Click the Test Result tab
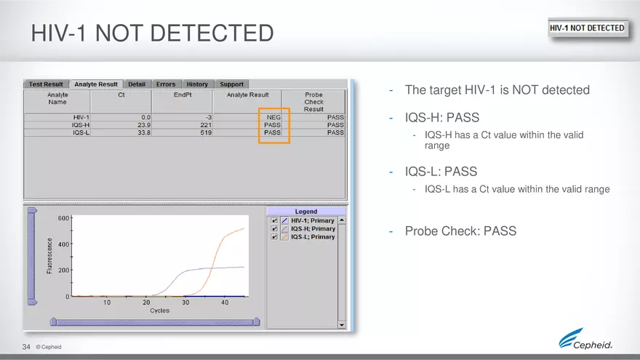pyautogui.click(x=46, y=84)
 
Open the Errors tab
pyautogui.click(x=165, y=84)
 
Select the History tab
pyautogui.click(x=196, y=84)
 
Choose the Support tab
pyautogui.click(x=231, y=84)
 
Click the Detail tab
pyautogui.click(x=137, y=84)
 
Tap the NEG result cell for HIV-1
pyautogui.click(x=273, y=117)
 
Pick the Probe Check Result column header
pyautogui.click(x=313, y=102)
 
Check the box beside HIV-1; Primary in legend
pyautogui.click(x=273, y=220)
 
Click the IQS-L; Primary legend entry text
pyautogui.click(x=313, y=237)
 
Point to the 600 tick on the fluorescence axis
pyautogui.click(x=63, y=218)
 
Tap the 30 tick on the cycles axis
pyautogui.click(x=185, y=303)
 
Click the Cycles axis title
pyautogui.click(x=160, y=311)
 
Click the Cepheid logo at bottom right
pyautogui.click(x=585, y=340)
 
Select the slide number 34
pyautogui.click(x=26, y=347)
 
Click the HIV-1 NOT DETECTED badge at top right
pyautogui.click(x=586, y=28)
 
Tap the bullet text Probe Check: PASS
pyautogui.click(x=460, y=231)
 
